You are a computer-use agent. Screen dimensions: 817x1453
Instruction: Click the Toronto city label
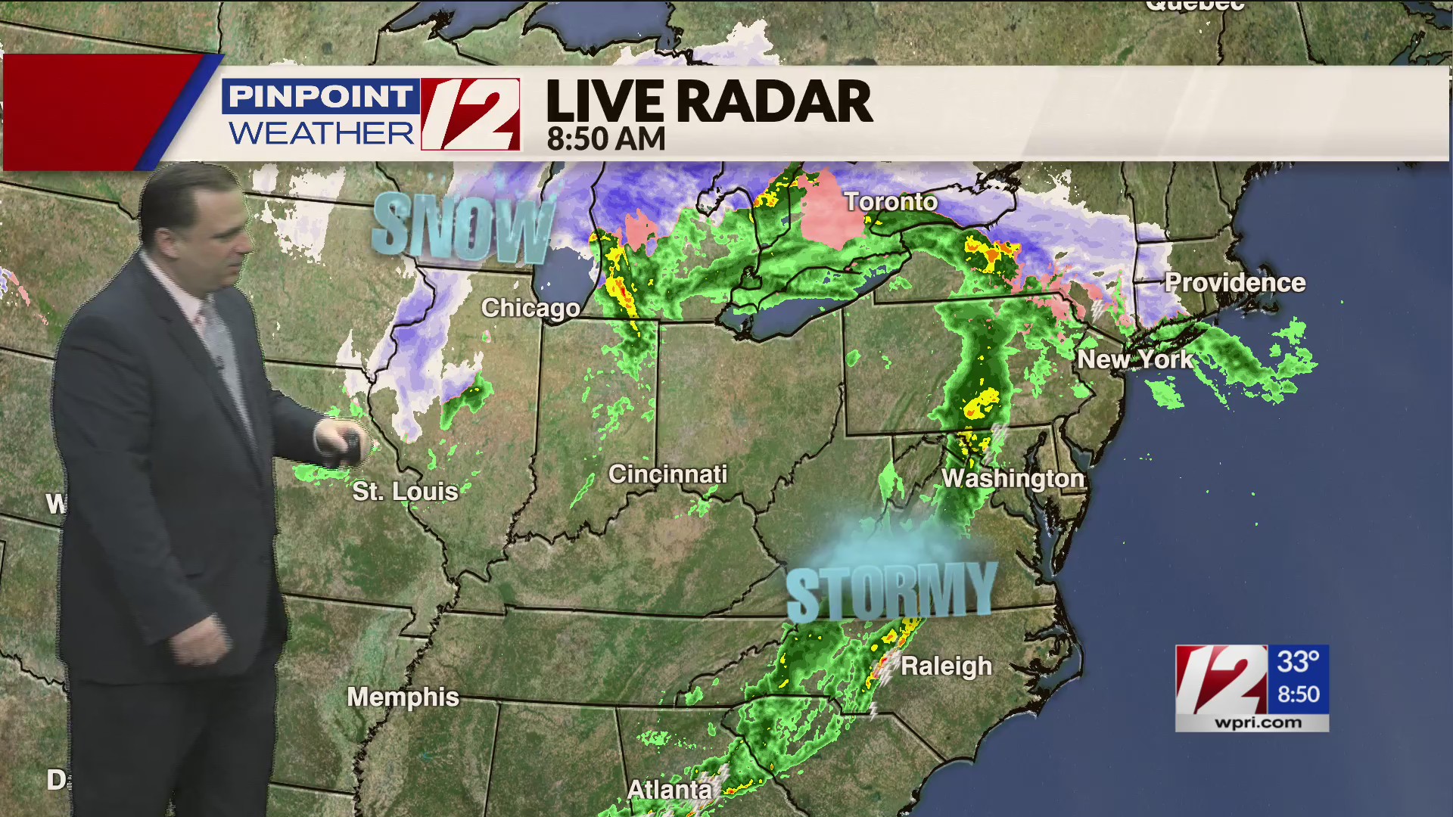(891, 202)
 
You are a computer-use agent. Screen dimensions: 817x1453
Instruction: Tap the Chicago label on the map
(530, 308)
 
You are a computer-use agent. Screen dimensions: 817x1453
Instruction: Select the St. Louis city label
(405, 492)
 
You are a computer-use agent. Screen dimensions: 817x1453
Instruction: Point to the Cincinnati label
(667, 474)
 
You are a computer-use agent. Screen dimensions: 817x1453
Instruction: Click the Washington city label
(1013, 478)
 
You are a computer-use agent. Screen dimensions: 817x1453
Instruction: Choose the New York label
(1134, 359)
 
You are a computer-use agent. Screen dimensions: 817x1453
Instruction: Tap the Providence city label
(1234, 283)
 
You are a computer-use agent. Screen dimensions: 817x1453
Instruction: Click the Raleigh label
(946, 666)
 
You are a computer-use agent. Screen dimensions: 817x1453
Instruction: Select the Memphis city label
(403, 697)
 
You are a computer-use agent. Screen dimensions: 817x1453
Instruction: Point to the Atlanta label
(669, 790)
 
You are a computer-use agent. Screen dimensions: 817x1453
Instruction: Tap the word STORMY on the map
(891, 592)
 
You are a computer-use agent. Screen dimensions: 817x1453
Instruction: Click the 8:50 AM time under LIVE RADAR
(605, 139)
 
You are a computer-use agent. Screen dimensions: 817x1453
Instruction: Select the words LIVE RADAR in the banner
(709, 101)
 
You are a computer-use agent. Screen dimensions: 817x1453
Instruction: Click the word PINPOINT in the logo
(320, 97)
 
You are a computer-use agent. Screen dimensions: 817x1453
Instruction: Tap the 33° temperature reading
(1298, 663)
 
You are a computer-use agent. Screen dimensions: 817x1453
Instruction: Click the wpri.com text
(1258, 722)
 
